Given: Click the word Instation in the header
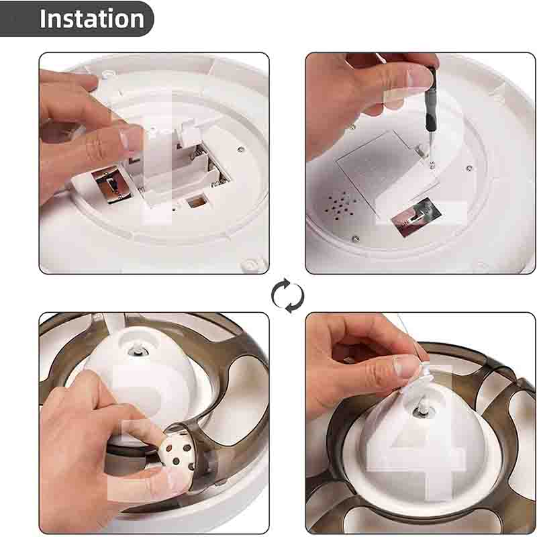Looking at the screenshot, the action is coord(92,19).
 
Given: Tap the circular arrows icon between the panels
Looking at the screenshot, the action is coord(288,295).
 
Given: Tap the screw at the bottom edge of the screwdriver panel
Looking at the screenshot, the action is coord(356,238).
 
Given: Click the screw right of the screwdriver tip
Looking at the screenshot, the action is coord(469,168).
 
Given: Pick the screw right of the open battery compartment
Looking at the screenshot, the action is coord(241,148).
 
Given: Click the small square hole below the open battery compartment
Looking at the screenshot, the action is coord(197,200).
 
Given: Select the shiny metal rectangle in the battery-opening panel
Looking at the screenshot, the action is coord(111,184).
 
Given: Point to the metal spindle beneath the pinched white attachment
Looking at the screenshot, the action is coord(420,410).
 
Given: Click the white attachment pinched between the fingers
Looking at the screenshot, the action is coord(422,377).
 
